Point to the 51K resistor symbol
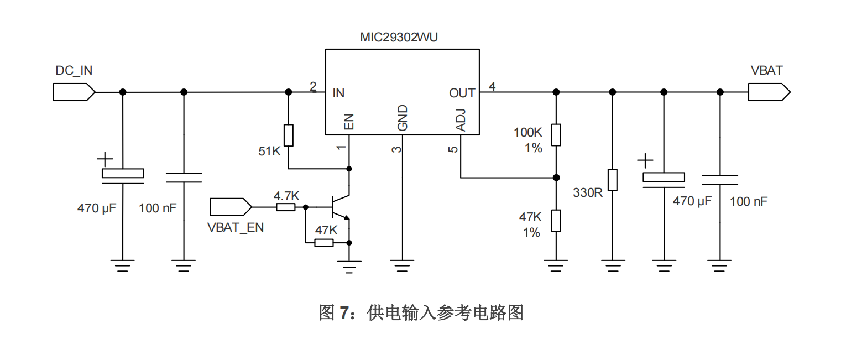coord(288,135)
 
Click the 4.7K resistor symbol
coord(286,207)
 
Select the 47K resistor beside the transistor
coord(324,242)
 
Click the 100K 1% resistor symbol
coord(556,134)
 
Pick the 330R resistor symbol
coord(612,180)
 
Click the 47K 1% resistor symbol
coord(556,220)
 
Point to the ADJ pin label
coord(461,120)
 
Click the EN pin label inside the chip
coord(349,122)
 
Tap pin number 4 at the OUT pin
coord(492,86)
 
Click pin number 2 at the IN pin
coord(313,86)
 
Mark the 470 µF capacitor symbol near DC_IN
coord(123,174)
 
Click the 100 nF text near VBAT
coord(748,201)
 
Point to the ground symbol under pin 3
coord(403,264)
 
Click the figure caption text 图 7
coord(334,313)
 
